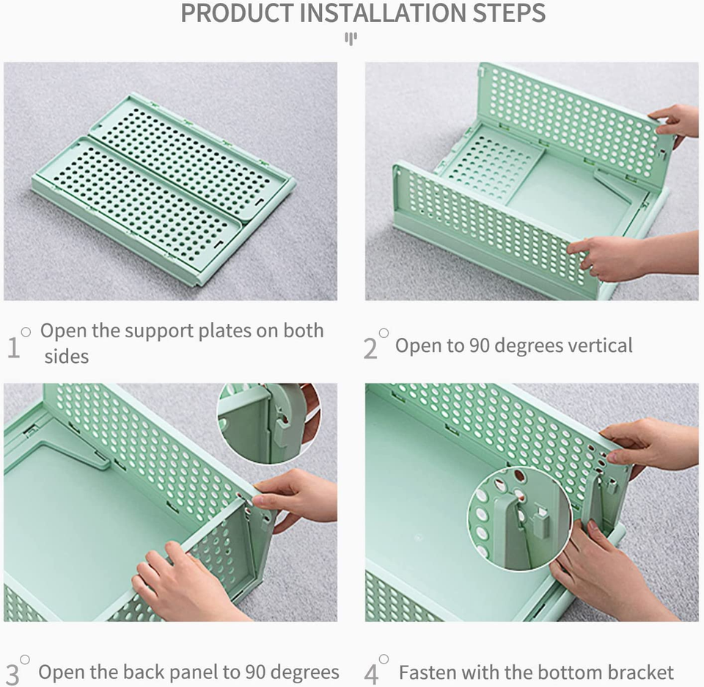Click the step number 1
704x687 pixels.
(x=13, y=348)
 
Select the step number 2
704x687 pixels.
(x=370, y=348)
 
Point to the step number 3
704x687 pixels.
(x=12, y=675)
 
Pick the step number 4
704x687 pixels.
(x=371, y=675)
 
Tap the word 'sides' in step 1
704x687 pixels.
(x=67, y=357)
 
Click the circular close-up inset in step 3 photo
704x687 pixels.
(x=268, y=424)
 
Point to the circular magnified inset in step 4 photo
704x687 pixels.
(x=519, y=518)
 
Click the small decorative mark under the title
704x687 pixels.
(x=351, y=39)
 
